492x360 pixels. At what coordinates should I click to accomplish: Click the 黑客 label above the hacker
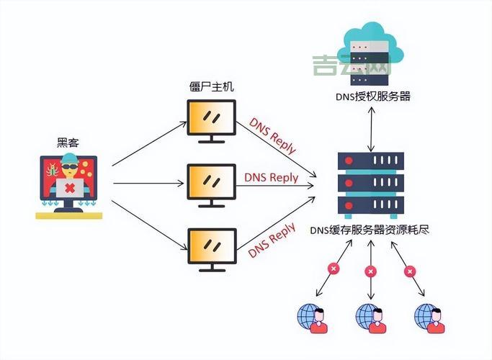68,143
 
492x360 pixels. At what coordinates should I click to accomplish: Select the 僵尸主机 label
210,87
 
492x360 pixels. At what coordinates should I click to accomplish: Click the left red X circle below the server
334,269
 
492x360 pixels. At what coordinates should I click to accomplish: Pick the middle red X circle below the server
371,271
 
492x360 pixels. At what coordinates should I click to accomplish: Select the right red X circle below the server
411,271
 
